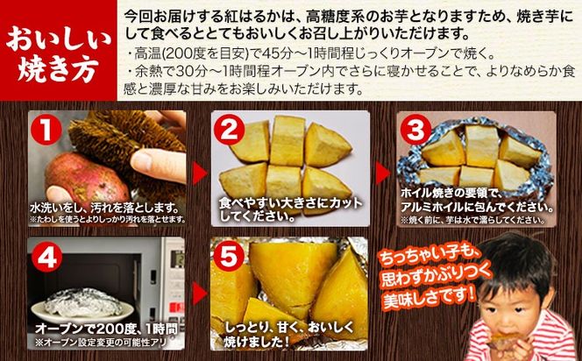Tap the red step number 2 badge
[x=230, y=131]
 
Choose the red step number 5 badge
[x=230, y=256]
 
